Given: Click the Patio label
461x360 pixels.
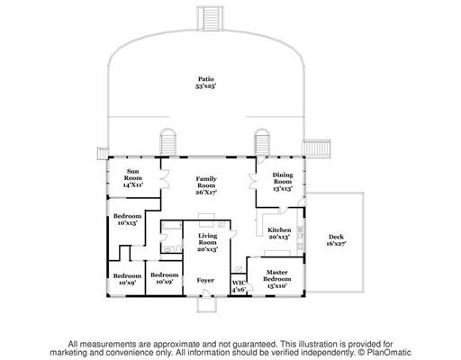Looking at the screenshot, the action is [206, 83].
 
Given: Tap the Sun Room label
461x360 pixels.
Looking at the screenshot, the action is [133, 178].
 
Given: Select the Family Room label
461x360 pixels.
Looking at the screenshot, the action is [206, 185].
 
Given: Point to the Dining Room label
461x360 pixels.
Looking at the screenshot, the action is [283, 182].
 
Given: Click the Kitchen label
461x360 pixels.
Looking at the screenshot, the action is [279, 233].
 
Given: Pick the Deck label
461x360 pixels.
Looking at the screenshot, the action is [336, 240].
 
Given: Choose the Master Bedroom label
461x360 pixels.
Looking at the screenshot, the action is [277, 279].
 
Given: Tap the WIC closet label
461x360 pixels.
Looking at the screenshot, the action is [239, 286].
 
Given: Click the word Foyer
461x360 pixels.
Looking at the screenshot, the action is [205, 280].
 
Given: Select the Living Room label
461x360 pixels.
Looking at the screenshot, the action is [207, 242].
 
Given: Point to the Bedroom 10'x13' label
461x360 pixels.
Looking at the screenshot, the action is [127, 220].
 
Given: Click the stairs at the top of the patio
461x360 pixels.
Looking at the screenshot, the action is [210, 18].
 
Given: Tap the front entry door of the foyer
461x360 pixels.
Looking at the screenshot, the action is [206, 293].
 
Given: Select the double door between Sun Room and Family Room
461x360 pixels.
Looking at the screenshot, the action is [164, 179].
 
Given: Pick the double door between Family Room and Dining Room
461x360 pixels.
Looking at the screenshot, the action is [252, 182].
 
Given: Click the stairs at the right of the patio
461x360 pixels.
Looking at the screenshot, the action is [316, 148].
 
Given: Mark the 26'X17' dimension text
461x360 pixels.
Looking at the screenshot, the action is [206, 193].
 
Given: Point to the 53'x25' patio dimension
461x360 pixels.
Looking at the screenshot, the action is [206, 86].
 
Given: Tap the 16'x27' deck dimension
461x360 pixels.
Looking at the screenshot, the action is [336, 244].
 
